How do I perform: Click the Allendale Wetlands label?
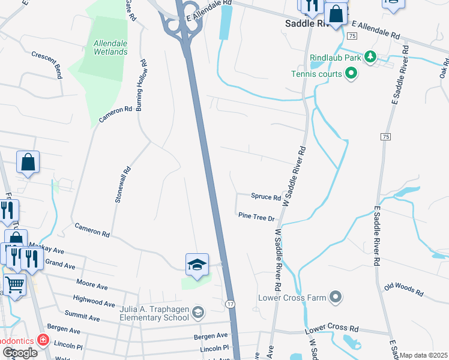[110, 47]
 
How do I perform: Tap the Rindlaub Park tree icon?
[371, 57]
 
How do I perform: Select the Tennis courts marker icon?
[351, 74]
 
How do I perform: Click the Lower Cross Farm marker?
[336, 297]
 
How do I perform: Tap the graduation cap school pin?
[196, 265]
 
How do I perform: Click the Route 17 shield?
[230, 304]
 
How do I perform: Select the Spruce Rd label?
[266, 197]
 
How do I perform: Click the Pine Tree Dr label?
[256, 217]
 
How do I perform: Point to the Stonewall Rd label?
[119, 185]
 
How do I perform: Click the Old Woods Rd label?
[404, 289]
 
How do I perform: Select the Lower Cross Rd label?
[331, 329]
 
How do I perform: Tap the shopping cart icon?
[14, 283]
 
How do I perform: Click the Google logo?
[20, 352]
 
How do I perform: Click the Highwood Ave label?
[93, 301]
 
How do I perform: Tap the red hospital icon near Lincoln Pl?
[43, 340]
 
